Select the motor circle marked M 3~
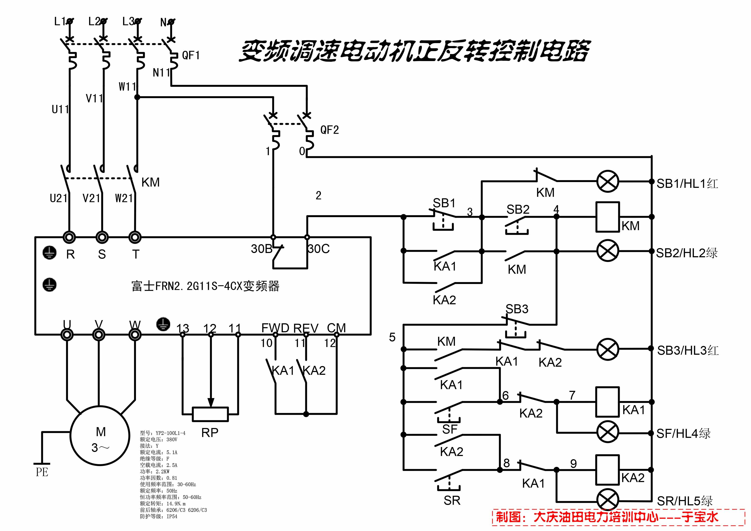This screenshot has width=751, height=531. pyautogui.click(x=100, y=435)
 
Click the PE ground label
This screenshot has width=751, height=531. pyautogui.click(x=42, y=472)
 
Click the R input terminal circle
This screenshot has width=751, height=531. pyautogui.click(x=69, y=237)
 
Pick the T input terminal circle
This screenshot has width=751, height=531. pyautogui.click(x=135, y=237)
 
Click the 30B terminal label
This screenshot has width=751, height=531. pyautogui.click(x=261, y=249)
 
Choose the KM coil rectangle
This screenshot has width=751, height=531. pyautogui.click(x=607, y=217)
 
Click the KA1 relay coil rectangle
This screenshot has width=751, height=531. pyautogui.click(x=607, y=402)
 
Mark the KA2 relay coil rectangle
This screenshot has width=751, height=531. pyautogui.click(x=607, y=470)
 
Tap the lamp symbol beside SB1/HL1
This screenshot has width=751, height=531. pyautogui.click(x=607, y=181)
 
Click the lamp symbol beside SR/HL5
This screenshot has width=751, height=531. pyautogui.click(x=607, y=500)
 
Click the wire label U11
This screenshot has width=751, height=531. pyautogui.click(x=60, y=109)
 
